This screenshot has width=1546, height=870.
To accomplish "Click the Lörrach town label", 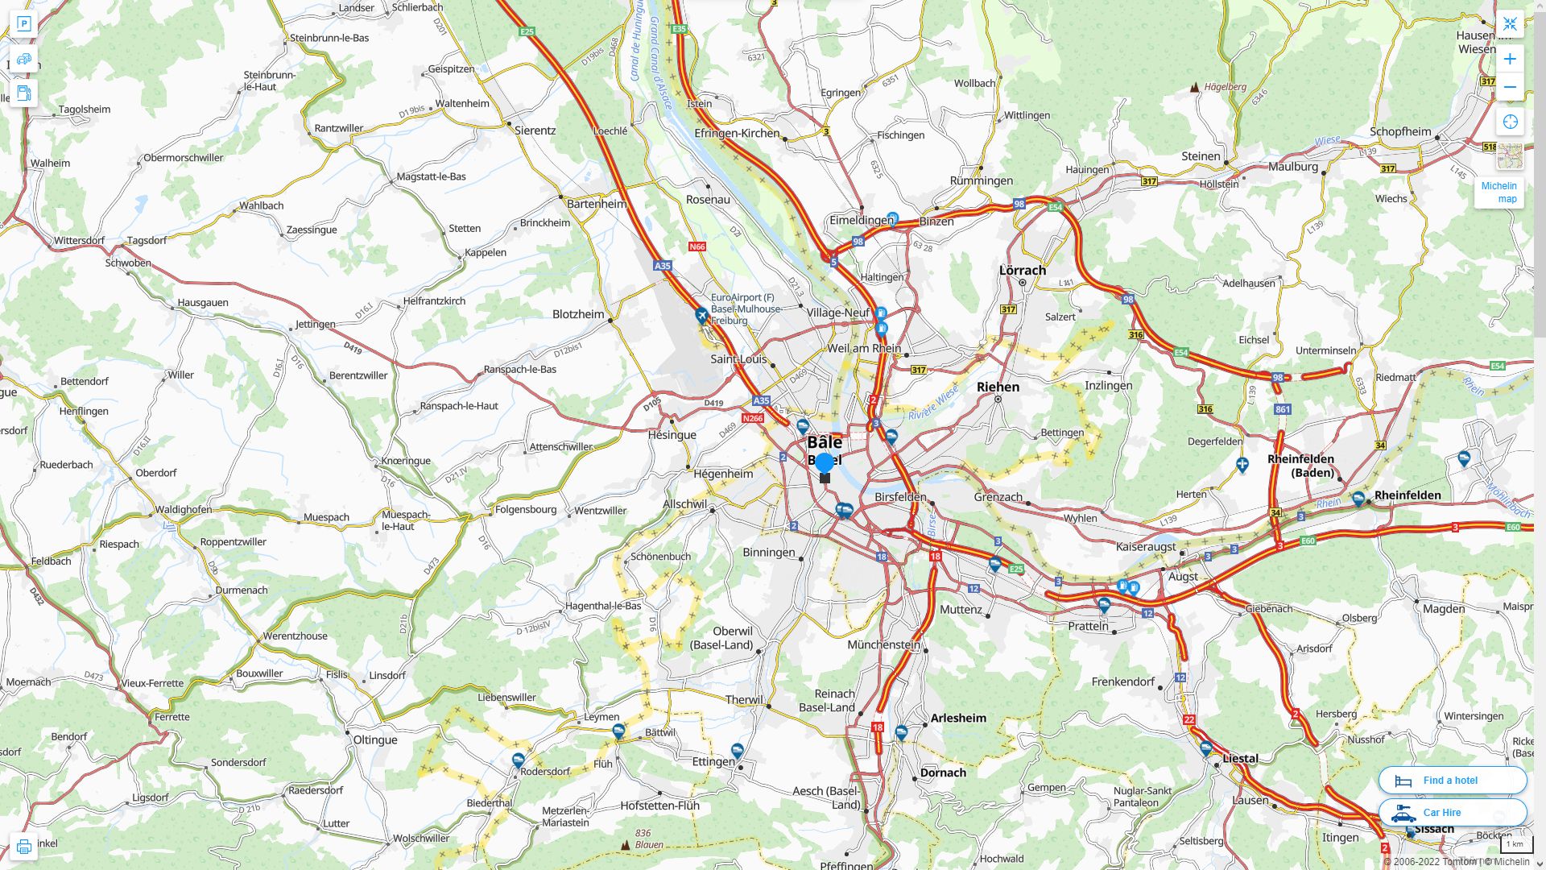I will pyautogui.click(x=1022, y=270).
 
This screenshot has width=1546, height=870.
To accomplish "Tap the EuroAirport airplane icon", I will pyautogui.click(x=702, y=315).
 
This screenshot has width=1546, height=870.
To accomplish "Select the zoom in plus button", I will pyautogui.click(x=1510, y=59).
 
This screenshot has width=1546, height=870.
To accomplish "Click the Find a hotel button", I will pyautogui.click(x=1452, y=780).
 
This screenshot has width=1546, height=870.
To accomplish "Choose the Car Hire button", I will pyautogui.click(x=1452, y=812).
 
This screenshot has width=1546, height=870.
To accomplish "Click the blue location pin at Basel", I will pyautogui.click(x=824, y=463).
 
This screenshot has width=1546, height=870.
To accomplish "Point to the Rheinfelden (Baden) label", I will pyautogui.click(x=1300, y=465).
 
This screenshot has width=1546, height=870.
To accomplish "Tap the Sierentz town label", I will pyautogui.click(x=535, y=130).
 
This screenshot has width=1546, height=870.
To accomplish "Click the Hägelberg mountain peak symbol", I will pyautogui.click(x=1195, y=87).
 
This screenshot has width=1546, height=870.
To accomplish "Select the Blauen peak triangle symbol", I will pyautogui.click(x=626, y=845).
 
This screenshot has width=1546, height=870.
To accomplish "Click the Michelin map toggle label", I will pyautogui.click(x=1498, y=192).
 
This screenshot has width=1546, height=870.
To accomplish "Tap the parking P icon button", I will pyautogui.click(x=23, y=24).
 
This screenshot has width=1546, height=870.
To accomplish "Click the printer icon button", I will pyautogui.click(x=23, y=847).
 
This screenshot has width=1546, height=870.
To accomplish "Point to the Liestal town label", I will pyautogui.click(x=1240, y=758).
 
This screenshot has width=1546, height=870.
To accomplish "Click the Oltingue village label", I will pyautogui.click(x=375, y=739).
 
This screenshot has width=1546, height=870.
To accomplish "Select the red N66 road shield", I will pyautogui.click(x=697, y=246).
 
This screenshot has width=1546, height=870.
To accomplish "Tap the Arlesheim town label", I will pyautogui.click(x=958, y=718).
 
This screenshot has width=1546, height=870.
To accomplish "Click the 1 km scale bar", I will pyautogui.click(x=1515, y=844).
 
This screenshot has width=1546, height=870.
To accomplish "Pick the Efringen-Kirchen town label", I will pyautogui.click(x=737, y=133).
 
